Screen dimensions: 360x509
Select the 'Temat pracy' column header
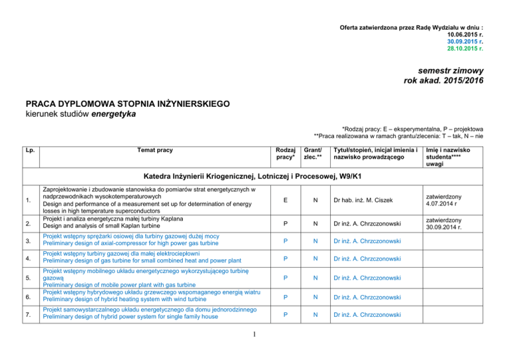156,150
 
